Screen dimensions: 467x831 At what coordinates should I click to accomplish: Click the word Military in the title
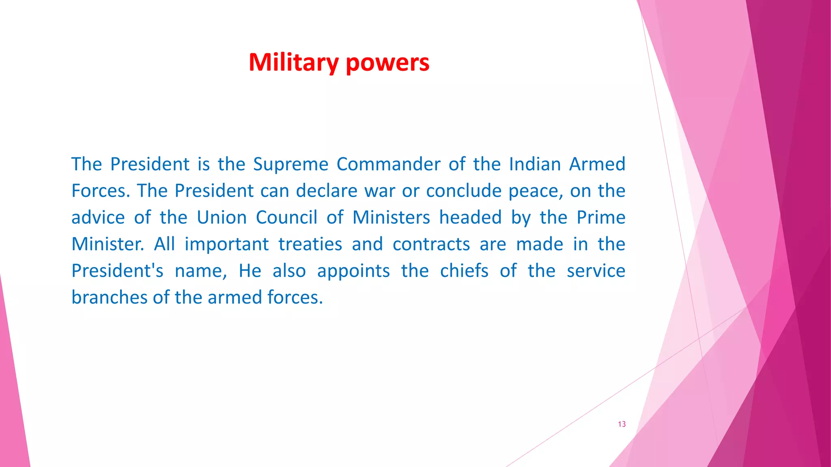293,63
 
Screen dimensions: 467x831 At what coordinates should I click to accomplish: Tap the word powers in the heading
388,63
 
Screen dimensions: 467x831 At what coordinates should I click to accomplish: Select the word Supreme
291,165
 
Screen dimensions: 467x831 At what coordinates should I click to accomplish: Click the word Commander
388,165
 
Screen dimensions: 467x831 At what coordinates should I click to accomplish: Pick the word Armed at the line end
597,165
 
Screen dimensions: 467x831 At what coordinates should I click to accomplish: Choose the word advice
98,218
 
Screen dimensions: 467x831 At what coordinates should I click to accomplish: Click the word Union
222,218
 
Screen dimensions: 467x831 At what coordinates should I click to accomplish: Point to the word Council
286,218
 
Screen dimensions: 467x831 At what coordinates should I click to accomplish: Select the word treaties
310,244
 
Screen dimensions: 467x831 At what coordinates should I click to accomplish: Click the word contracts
431,244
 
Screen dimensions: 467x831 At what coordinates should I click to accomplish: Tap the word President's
118,271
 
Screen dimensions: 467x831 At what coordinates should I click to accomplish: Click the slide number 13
622,424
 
